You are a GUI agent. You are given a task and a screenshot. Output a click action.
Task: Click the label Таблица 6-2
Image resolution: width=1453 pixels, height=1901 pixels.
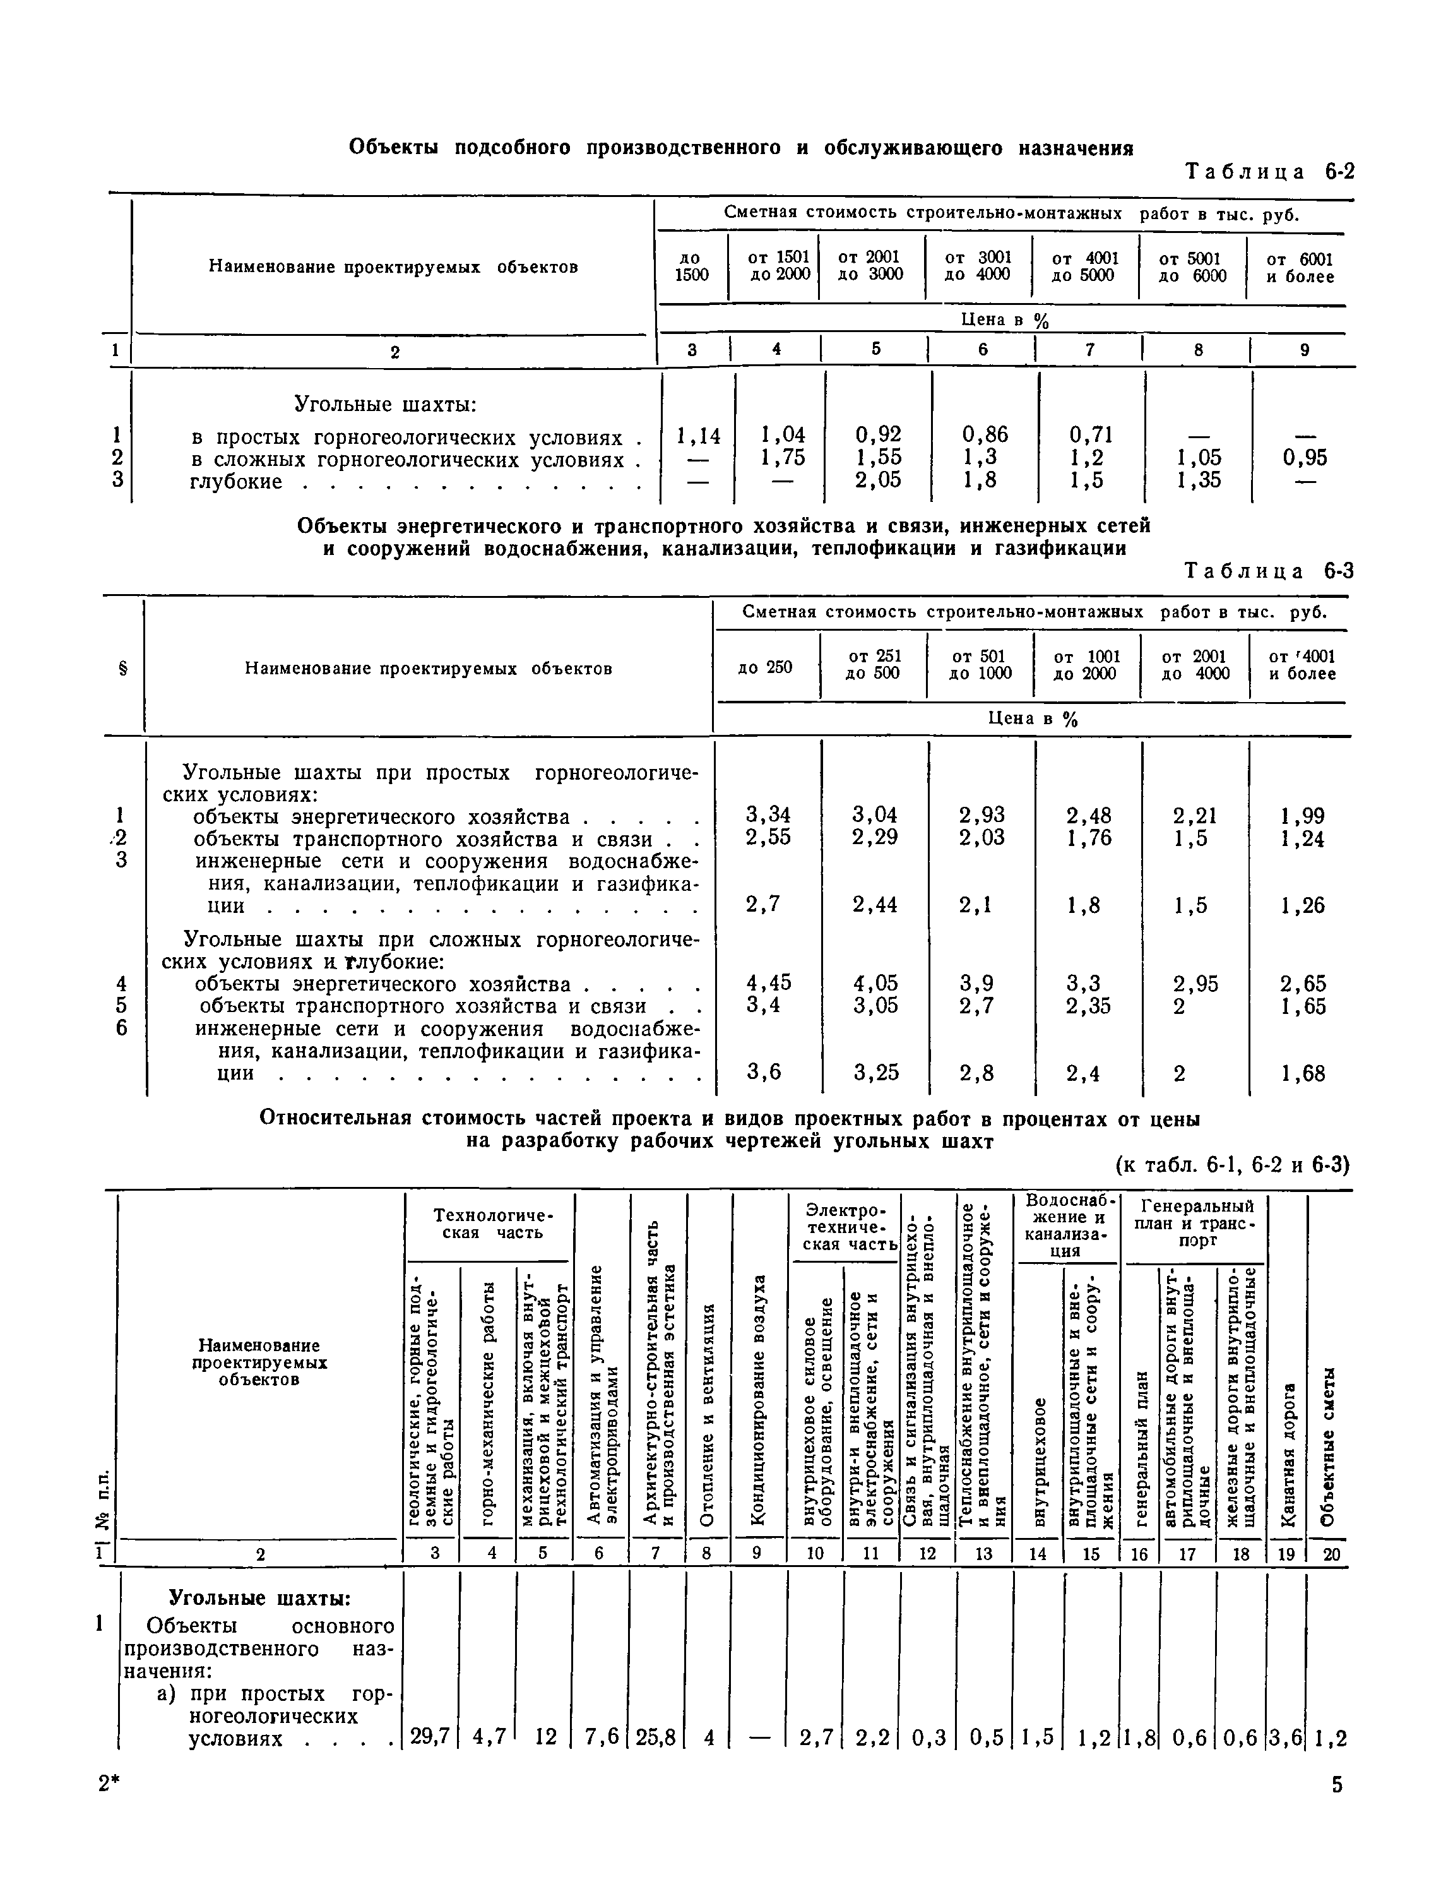click(x=1268, y=171)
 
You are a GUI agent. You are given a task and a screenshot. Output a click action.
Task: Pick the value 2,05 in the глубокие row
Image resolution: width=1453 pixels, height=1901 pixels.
click(x=878, y=480)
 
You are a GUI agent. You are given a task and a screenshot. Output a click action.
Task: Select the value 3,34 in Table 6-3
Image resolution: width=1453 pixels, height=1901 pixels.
click(x=768, y=814)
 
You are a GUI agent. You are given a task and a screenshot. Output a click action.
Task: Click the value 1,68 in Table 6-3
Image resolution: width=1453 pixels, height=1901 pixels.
click(x=1303, y=1073)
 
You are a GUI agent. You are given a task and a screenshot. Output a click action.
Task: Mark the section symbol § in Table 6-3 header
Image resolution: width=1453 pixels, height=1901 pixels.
click(x=122, y=669)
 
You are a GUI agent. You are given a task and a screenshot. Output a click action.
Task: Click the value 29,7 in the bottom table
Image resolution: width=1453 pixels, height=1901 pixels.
click(x=430, y=1737)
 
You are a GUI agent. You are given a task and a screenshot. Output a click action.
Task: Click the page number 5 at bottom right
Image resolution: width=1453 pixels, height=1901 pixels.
click(x=1337, y=1808)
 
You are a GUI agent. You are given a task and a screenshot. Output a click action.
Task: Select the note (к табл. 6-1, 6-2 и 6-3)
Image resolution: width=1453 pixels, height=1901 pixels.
click(x=1233, y=1165)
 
